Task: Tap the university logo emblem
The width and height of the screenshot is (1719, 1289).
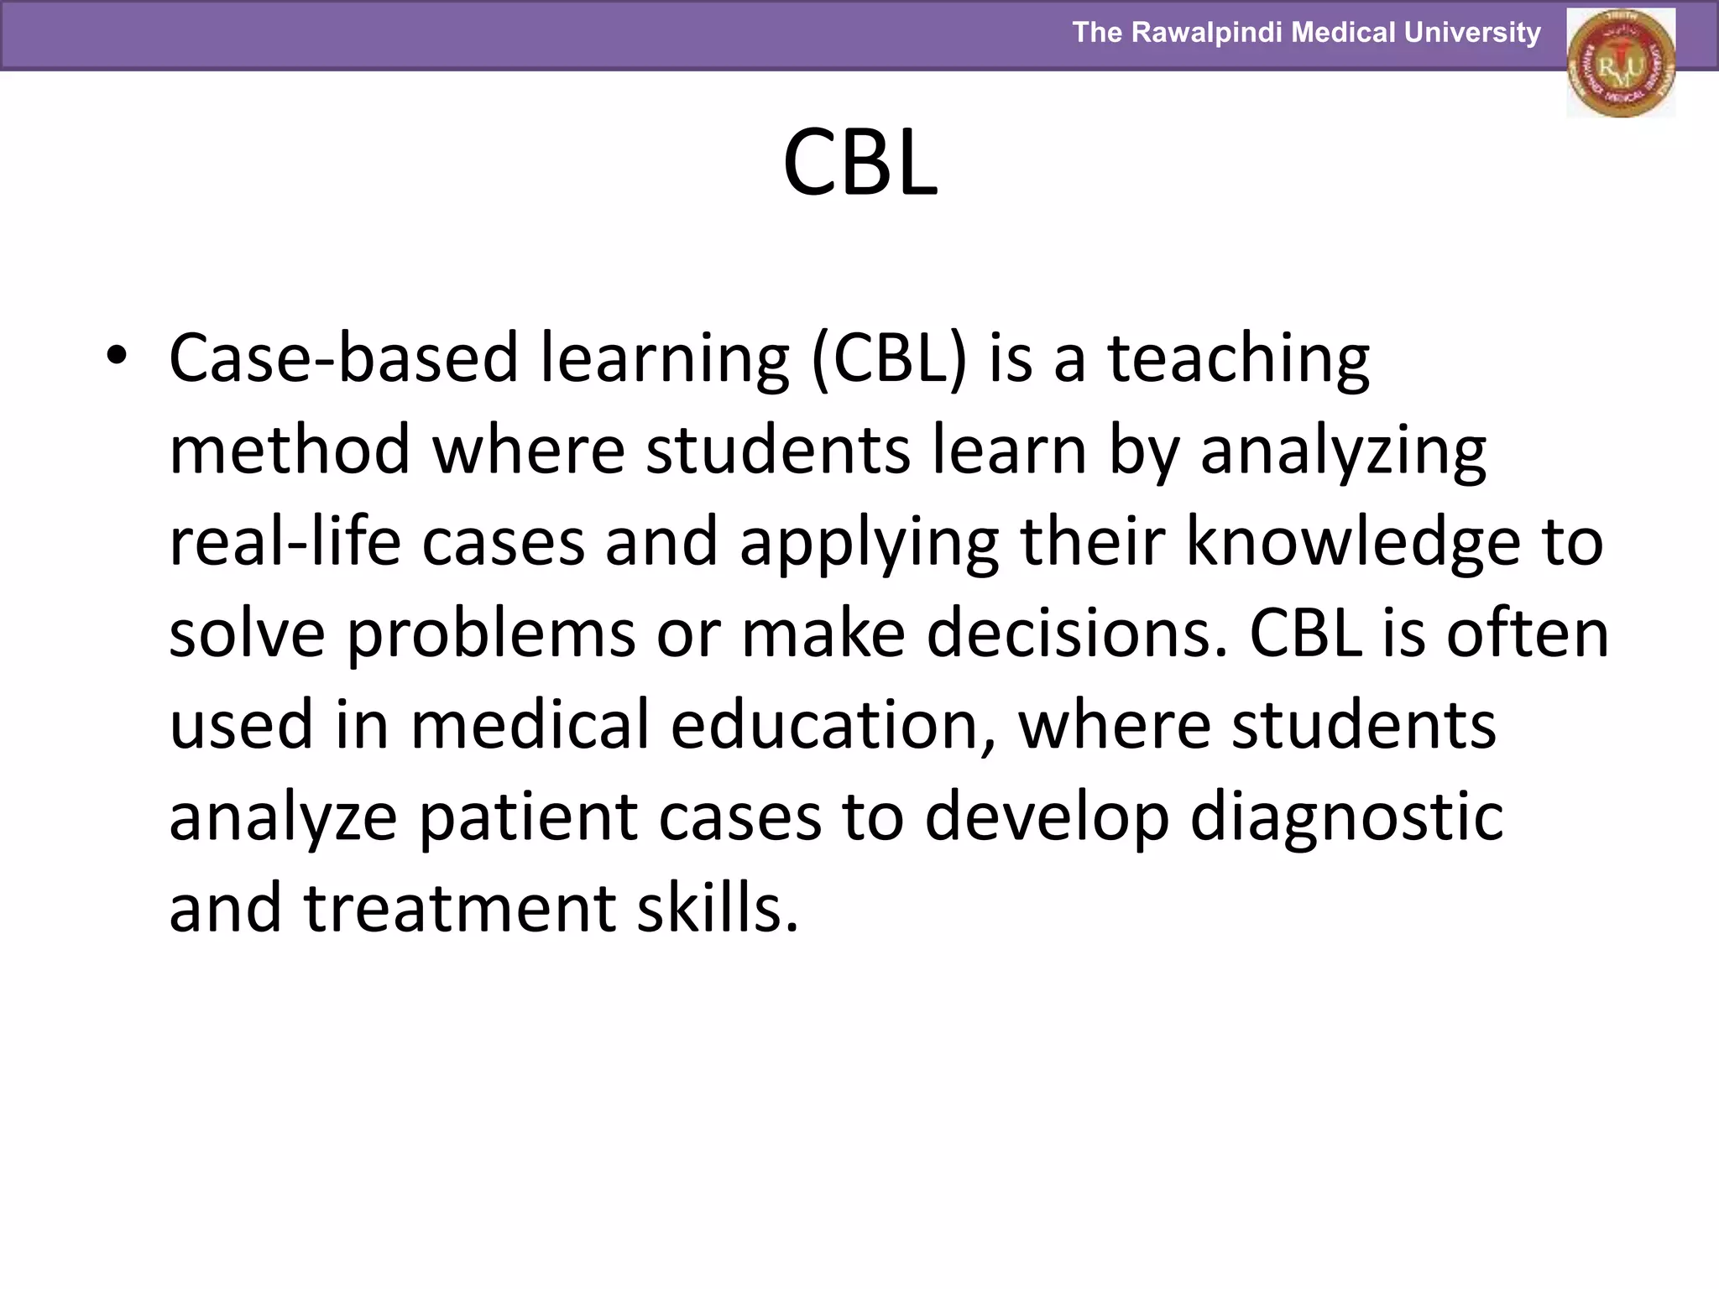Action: coord(1620,63)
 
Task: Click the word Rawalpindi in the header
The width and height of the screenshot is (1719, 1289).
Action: coord(1206,33)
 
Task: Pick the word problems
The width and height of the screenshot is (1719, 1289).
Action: coord(491,634)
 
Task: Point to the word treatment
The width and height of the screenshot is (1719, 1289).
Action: coord(460,909)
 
